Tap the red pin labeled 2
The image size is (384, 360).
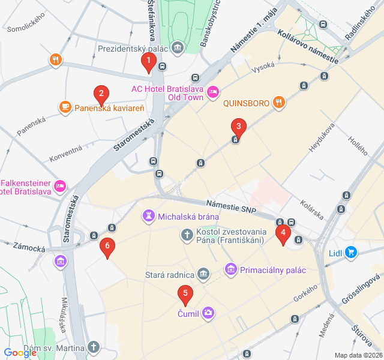(x=101, y=94)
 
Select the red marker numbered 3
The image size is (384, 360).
(x=239, y=127)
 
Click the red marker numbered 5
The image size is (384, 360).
(x=185, y=295)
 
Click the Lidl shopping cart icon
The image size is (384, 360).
(x=351, y=253)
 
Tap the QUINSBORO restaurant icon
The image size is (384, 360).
(x=278, y=103)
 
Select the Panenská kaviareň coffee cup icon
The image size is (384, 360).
(x=65, y=108)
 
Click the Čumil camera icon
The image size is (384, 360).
(x=208, y=312)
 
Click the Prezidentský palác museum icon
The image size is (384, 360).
(x=178, y=47)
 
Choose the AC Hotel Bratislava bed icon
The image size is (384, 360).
(x=212, y=92)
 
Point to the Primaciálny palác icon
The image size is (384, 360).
(x=230, y=270)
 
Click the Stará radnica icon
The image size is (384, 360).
(x=203, y=274)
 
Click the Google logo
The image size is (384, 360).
(x=20, y=353)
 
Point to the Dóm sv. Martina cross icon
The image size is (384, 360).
(x=93, y=347)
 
